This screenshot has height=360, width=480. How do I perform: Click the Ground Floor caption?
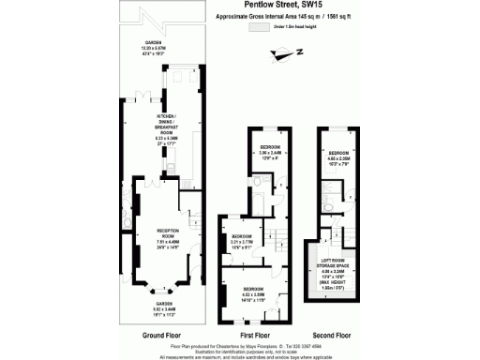coord(161,334)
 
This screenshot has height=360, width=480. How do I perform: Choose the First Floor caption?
coord(258,334)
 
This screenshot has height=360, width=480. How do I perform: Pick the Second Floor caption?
coord(334,334)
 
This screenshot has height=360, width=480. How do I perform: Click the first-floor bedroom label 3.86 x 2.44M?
coord(271,153)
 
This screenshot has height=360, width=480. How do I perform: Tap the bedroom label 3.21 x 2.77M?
coord(243,240)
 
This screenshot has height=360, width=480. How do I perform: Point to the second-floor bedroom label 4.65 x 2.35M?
coord(339,157)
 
